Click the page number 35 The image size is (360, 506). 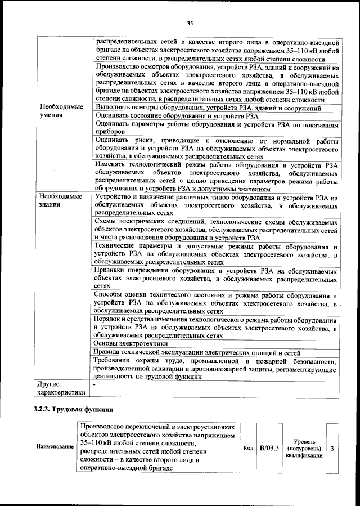click(x=190, y=23)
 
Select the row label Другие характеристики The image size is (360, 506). click(x=61, y=388)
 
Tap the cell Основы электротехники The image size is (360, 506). click(x=130, y=343)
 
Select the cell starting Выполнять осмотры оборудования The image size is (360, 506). click(x=208, y=107)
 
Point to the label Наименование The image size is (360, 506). click(x=55, y=446)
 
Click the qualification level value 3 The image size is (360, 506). click(x=332, y=449)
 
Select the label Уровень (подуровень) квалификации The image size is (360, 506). click(x=304, y=449)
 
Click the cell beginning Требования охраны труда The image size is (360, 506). click(x=216, y=368)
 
